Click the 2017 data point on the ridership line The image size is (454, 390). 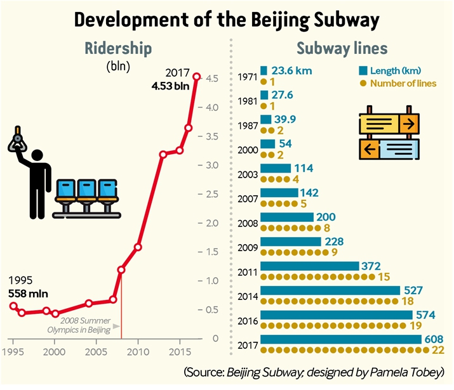click(x=197, y=77)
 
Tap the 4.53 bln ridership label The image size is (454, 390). click(x=170, y=86)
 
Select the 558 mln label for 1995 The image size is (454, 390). click(x=28, y=294)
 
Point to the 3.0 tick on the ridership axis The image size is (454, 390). click(x=208, y=165)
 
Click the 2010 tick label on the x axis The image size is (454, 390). click(x=138, y=352)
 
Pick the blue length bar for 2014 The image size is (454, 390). click(x=330, y=290)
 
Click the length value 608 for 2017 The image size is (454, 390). click(x=434, y=339)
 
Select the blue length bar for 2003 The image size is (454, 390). click(x=276, y=168)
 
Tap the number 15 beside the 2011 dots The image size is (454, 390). click(x=384, y=277)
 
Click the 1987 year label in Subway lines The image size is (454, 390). click(x=248, y=126)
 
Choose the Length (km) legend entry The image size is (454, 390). click(x=390, y=70)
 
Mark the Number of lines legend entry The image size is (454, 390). click(x=398, y=84)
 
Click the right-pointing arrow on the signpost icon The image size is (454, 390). click(x=408, y=124)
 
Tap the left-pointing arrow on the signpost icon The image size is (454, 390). click(x=369, y=149)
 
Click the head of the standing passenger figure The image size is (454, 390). click(x=37, y=155)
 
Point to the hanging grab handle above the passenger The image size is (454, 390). click(x=17, y=140)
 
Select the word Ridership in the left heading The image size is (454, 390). click(x=118, y=48)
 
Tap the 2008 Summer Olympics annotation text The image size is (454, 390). click(x=79, y=325)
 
